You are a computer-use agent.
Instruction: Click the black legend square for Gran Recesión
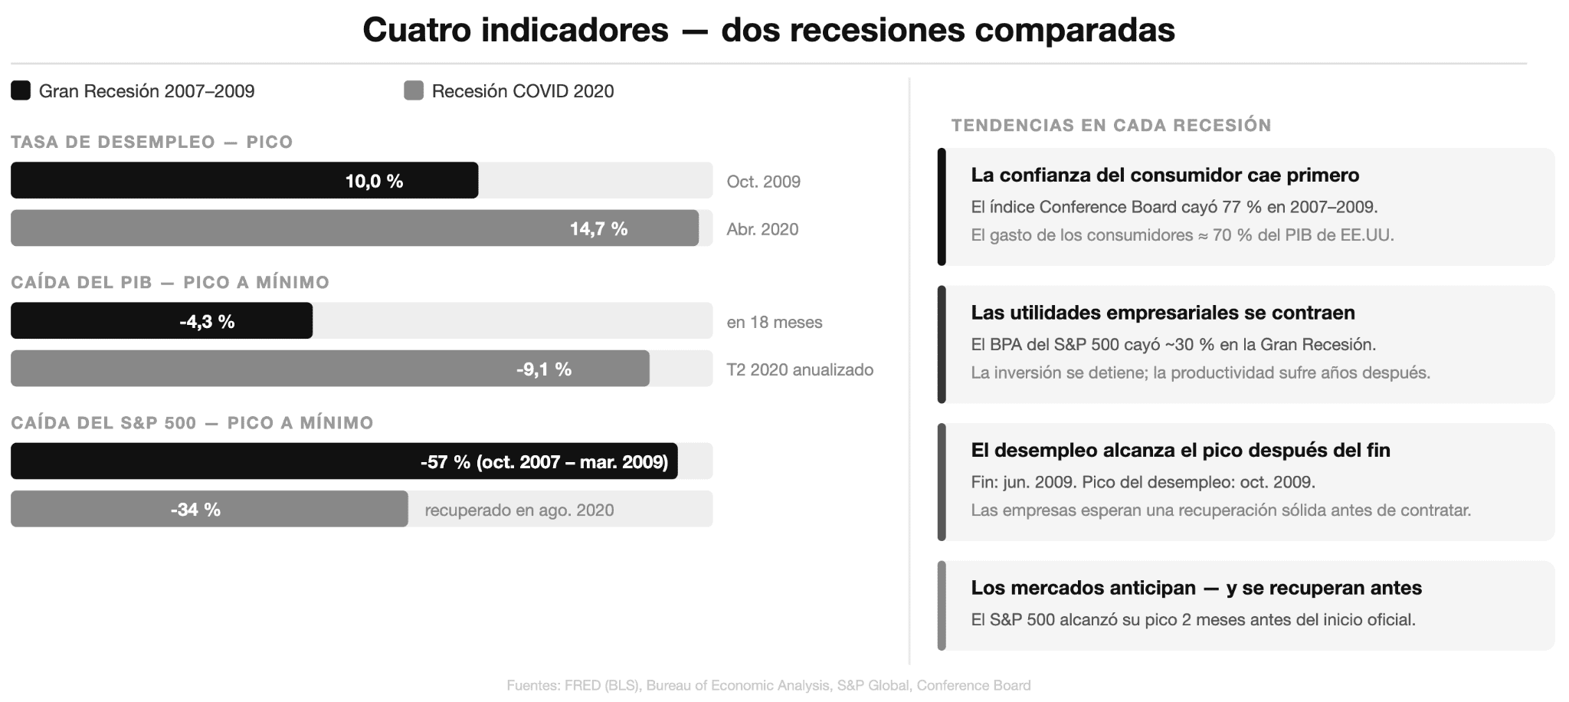(x=21, y=90)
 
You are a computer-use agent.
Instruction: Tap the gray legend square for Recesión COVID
(x=414, y=90)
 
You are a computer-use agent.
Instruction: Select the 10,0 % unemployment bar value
(x=374, y=181)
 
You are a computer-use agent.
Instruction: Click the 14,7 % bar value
(x=598, y=228)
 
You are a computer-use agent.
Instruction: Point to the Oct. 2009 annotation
(x=763, y=182)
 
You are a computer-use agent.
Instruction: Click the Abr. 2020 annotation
(x=762, y=229)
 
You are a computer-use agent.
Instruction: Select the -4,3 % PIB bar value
(x=207, y=321)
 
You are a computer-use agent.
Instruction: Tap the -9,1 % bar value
(x=543, y=369)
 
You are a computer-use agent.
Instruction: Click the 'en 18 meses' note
(x=774, y=322)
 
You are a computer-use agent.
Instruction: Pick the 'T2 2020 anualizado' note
(x=800, y=369)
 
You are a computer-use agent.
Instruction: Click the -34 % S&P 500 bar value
(x=195, y=510)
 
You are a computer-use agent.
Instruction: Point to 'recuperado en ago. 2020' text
(x=519, y=510)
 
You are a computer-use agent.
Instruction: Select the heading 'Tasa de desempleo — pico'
(x=152, y=142)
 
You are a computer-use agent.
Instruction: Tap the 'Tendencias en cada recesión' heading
(x=1111, y=125)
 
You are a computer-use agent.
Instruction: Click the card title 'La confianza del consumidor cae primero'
(x=1164, y=175)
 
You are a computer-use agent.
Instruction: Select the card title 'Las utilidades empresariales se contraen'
(x=1162, y=313)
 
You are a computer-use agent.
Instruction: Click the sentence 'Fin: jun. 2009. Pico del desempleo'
(x=1142, y=482)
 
